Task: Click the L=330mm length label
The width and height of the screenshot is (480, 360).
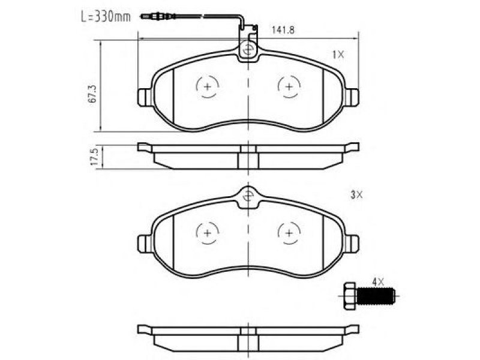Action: click(x=106, y=17)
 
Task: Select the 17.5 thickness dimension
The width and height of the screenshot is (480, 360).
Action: click(x=94, y=157)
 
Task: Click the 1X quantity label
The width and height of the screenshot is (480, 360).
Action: click(x=338, y=55)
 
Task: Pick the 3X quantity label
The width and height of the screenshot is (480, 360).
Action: click(x=356, y=194)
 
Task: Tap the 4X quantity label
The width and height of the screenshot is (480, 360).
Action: click(x=378, y=282)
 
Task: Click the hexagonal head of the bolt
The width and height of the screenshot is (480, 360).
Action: click(x=350, y=296)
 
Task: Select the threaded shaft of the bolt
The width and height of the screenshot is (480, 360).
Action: click(x=376, y=296)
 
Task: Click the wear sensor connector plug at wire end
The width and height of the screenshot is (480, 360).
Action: click(x=151, y=16)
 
